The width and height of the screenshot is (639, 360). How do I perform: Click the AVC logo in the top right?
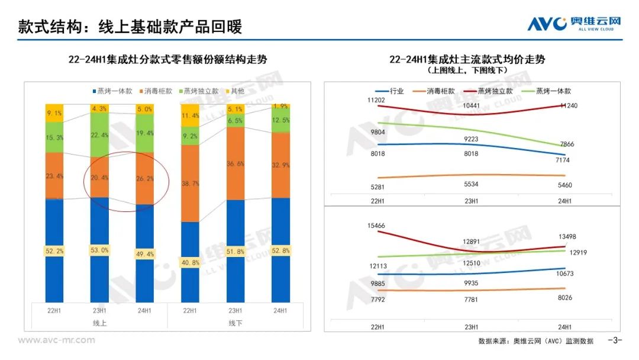coord(574,23)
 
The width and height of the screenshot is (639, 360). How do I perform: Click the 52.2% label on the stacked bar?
coord(54,252)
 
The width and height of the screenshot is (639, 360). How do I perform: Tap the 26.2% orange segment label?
coord(145,177)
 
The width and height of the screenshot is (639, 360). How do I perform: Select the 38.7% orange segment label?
coord(191,185)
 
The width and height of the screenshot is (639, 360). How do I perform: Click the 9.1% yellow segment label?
coord(54,113)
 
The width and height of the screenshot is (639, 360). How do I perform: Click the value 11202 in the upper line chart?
coord(376,101)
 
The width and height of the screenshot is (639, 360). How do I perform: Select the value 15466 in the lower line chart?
coord(376,226)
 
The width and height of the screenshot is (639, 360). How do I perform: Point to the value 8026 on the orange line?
coord(564,298)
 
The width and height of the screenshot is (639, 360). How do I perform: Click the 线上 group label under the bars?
coord(99,323)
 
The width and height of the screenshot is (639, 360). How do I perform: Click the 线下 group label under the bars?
coord(235,323)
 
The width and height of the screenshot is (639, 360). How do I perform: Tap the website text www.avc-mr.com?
coord(56,340)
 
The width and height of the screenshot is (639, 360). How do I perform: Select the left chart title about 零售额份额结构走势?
coord(167,60)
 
